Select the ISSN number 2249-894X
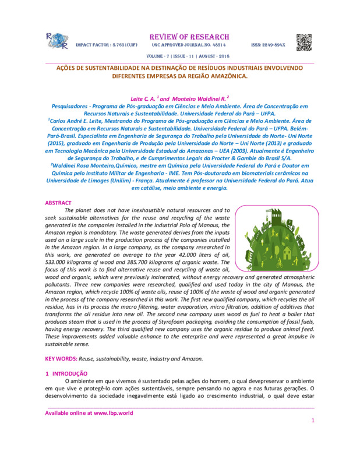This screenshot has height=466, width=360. pos(269,45)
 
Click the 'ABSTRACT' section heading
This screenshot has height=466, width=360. pos(59,203)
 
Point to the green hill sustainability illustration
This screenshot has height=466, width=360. pos(274,238)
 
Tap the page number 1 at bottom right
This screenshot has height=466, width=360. pos(313,420)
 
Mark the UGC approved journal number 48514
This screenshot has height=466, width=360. pos(216,45)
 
